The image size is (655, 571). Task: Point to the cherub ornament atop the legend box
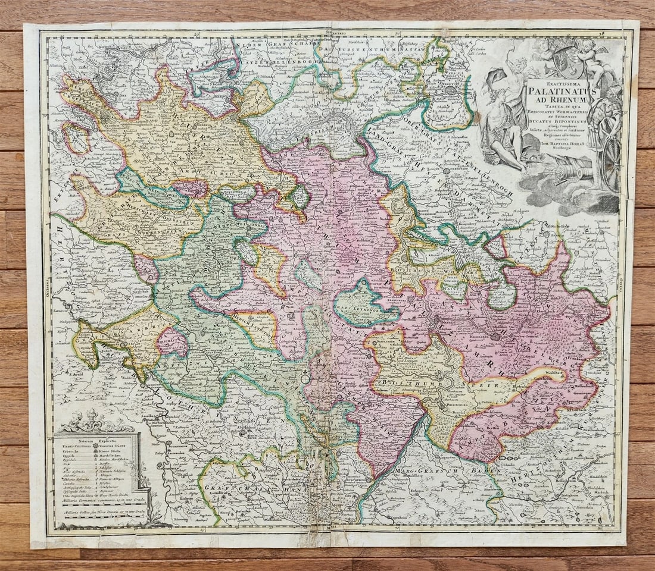[x=95, y=421]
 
